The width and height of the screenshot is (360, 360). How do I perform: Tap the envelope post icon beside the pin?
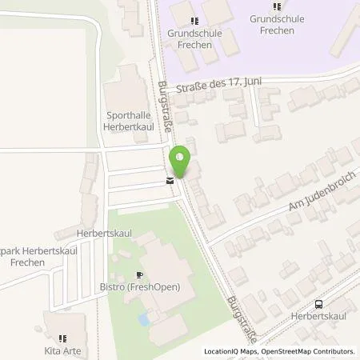tap(169, 181)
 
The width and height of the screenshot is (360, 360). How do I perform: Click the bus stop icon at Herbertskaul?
tap(319, 304)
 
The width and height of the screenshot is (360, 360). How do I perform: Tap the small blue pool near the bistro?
tap(143, 319)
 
